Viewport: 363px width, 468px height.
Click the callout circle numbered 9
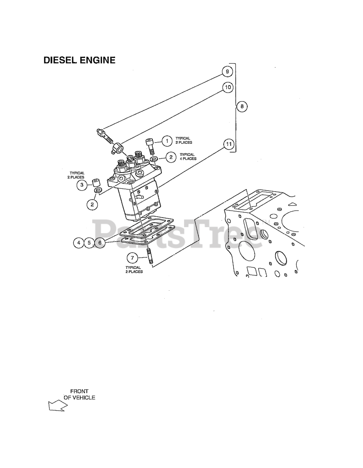point(227,72)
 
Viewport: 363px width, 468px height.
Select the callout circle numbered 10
point(228,87)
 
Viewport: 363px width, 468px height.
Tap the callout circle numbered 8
point(242,106)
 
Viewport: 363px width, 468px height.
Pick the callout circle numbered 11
point(229,144)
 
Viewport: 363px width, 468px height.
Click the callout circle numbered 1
point(167,141)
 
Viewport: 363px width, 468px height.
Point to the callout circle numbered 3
point(82,185)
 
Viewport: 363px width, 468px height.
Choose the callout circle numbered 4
point(79,242)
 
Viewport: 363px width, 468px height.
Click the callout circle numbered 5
point(89,242)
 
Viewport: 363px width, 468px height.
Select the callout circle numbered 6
point(100,242)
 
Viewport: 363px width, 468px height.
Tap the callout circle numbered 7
point(132,258)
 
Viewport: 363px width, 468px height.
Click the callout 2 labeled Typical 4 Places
point(171,157)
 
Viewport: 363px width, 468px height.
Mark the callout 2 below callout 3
point(92,204)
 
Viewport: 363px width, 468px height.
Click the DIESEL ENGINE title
point(79,60)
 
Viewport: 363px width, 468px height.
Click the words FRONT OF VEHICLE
point(79,395)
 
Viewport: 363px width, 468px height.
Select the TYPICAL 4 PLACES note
point(188,156)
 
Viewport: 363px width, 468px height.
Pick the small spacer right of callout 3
point(96,182)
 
